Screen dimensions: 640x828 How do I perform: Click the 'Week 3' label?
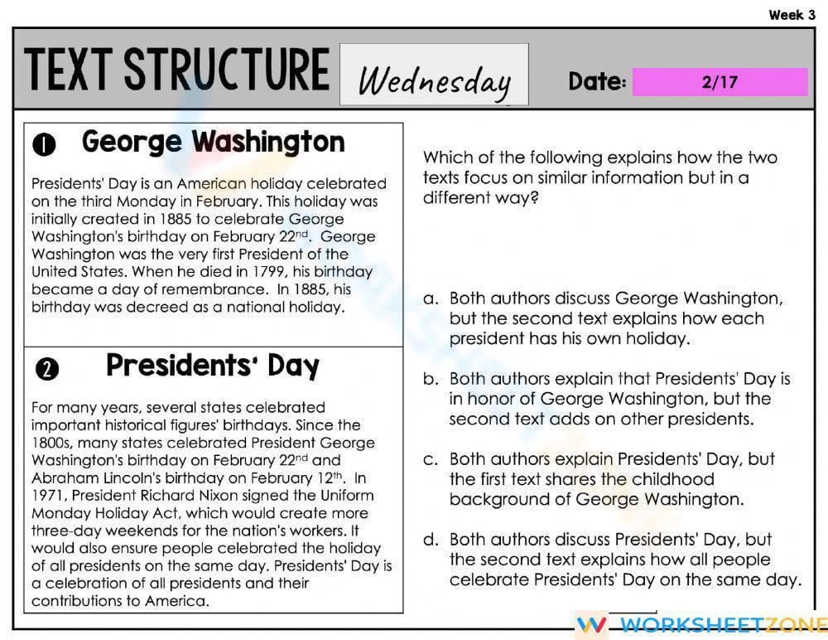[792, 14]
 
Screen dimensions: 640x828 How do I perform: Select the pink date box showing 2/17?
[719, 82]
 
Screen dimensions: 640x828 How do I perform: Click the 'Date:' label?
[596, 81]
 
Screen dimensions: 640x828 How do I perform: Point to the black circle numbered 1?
[44, 145]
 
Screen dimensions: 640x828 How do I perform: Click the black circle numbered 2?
[47, 370]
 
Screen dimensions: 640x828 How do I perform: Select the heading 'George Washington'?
[213, 142]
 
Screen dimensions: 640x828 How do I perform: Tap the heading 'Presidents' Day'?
[213, 366]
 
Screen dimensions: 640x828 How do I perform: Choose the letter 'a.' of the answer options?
[431, 298]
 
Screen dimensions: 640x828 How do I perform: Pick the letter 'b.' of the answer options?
[431, 379]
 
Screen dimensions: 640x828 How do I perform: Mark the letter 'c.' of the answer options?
[431, 459]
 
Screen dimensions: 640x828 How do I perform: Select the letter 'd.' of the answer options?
[431, 540]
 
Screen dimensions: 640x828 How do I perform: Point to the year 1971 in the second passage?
[49, 496]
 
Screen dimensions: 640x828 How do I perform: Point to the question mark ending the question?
[533, 198]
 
